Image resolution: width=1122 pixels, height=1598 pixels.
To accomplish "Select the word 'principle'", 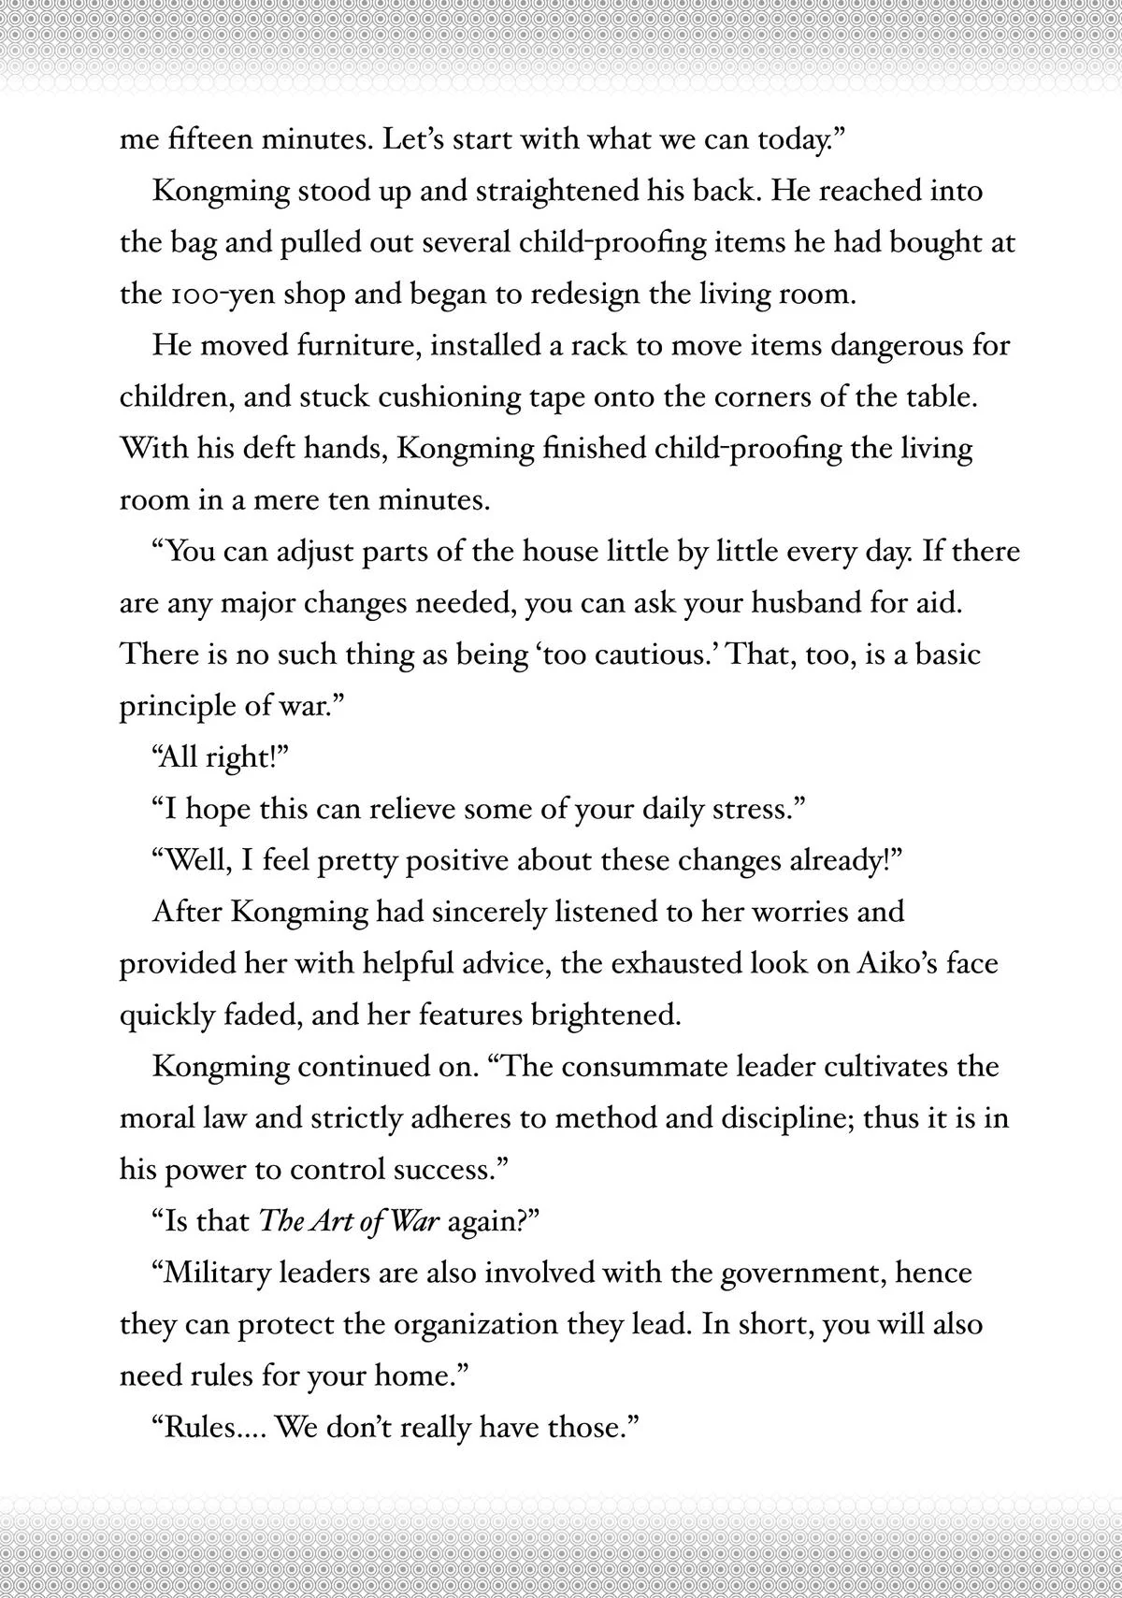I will point(177,707).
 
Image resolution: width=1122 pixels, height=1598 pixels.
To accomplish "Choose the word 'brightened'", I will point(603,1015).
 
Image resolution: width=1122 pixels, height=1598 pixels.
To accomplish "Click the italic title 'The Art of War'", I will point(349,1221).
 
